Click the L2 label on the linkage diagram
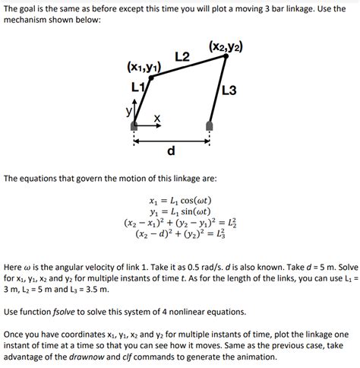[182, 57]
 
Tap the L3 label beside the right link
[230, 90]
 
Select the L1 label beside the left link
[137, 86]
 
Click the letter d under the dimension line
[172, 151]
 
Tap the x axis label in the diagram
[156, 118]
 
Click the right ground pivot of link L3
[210, 125]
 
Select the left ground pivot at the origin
[134, 126]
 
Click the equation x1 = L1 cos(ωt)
[180, 200]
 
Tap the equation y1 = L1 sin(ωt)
[180, 211]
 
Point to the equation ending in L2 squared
[180, 223]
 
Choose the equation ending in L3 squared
[180, 235]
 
